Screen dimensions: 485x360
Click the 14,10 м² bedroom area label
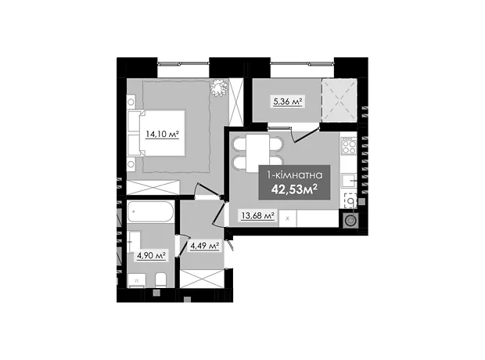click(163, 135)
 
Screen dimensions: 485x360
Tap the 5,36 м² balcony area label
click(288, 102)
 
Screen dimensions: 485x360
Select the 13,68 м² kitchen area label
click(258, 215)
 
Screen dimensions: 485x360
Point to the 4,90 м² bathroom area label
click(151, 256)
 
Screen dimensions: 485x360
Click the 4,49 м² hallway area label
click(205, 246)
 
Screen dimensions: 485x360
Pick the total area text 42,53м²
click(294, 189)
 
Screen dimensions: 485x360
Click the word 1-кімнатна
click(294, 175)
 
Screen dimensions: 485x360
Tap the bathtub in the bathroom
click(151, 211)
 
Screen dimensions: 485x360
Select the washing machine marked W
click(137, 280)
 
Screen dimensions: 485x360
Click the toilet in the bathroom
click(161, 279)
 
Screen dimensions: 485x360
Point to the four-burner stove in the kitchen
click(349, 146)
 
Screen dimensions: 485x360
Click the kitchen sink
click(349, 180)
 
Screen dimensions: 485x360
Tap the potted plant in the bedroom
click(219, 87)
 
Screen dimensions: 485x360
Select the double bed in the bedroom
click(156, 133)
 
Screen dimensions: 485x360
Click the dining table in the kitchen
click(257, 153)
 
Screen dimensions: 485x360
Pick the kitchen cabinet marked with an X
click(288, 218)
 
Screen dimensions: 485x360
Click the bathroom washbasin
click(134, 241)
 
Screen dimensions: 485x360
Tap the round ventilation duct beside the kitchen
click(350, 221)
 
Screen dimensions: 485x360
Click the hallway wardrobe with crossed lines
click(202, 279)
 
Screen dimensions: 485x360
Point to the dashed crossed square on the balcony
click(339, 100)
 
